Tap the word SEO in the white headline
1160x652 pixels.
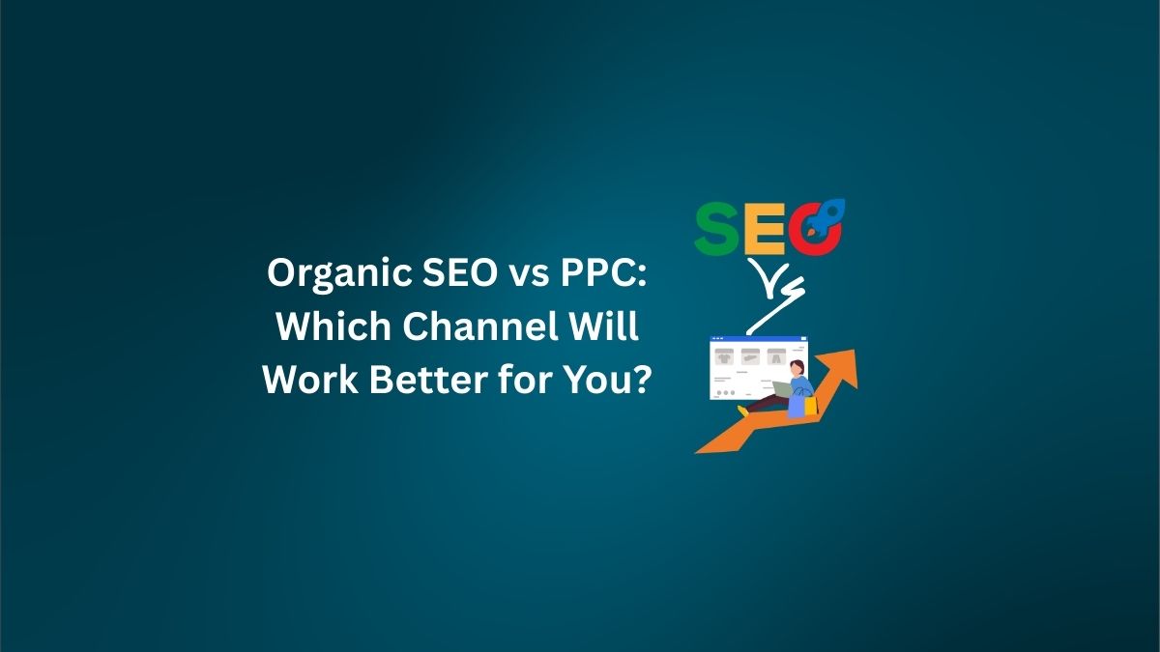[x=458, y=276]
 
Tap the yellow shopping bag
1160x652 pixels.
[x=810, y=405]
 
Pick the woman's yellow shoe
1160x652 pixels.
[x=742, y=410]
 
